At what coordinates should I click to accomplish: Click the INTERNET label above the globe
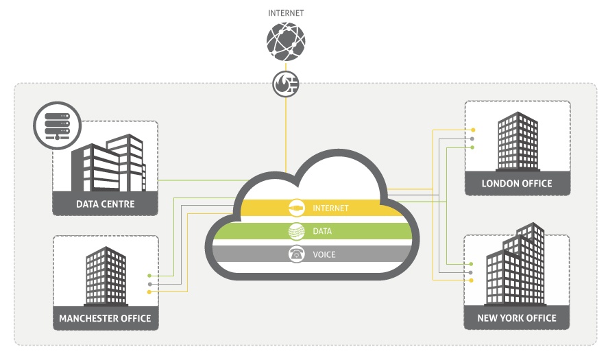[285, 12]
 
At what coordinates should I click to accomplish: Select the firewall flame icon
[285, 83]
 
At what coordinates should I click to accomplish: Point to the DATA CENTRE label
[106, 204]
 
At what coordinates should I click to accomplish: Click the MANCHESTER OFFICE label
[105, 318]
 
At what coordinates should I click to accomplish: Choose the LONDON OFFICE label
[517, 183]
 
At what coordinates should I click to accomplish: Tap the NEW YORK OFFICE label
[517, 318]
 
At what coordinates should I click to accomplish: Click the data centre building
[108, 165]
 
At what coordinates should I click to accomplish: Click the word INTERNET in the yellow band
[330, 208]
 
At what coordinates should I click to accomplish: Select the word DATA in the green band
[322, 231]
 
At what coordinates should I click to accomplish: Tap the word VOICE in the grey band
[324, 254]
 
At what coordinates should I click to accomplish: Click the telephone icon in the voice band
[296, 254]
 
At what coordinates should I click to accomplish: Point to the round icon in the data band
[296, 231]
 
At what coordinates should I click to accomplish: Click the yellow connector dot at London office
[472, 130]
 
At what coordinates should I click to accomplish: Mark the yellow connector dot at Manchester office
[149, 291]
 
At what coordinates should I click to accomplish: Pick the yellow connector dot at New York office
[472, 280]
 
